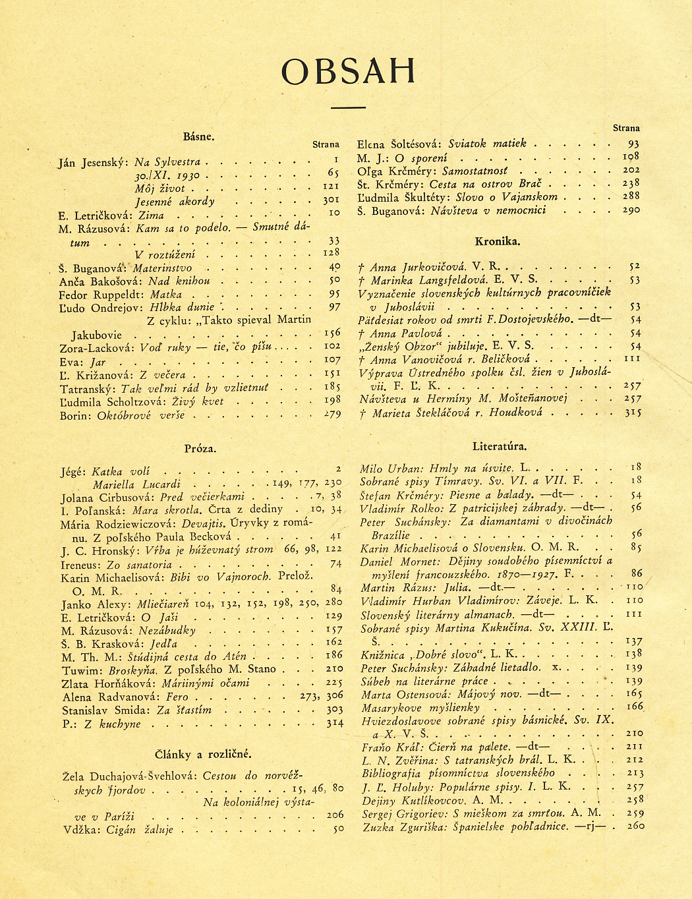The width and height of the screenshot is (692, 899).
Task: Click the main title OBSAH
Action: click(348, 71)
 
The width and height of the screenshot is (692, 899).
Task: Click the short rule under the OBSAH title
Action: click(348, 107)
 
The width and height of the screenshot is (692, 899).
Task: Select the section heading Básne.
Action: click(199, 137)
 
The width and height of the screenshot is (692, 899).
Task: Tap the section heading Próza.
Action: click(200, 449)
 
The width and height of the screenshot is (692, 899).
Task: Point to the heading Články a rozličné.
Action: click(203, 755)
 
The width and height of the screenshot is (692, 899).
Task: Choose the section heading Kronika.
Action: click(497, 241)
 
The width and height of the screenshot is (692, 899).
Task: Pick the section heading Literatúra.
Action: click(500, 447)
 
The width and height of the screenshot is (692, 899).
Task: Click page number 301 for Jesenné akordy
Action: click(331, 200)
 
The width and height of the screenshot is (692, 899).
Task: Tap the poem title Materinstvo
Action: click(163, 268)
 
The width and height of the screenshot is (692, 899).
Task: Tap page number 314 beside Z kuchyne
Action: click(335, 723)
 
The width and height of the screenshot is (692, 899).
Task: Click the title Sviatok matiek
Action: click(487, 144)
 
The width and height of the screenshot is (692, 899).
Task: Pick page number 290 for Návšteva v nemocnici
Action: click(631, 210)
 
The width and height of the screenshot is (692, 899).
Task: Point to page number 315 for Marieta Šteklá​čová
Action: click(633, 413)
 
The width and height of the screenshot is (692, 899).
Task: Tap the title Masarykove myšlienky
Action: click(420, 707)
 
